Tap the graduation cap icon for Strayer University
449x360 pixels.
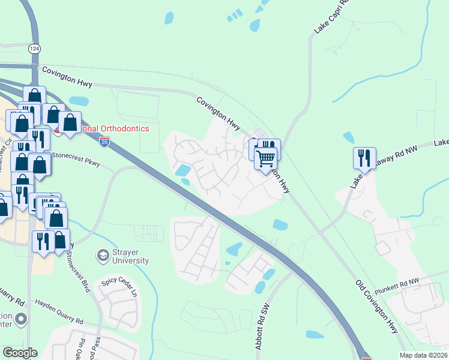point(103,256)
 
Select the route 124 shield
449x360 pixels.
point(35,47)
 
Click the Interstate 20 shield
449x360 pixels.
point(104,142)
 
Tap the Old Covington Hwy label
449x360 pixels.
point(376,306)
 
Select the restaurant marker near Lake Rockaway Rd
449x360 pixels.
point(364,158)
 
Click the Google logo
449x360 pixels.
point(20,353)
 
